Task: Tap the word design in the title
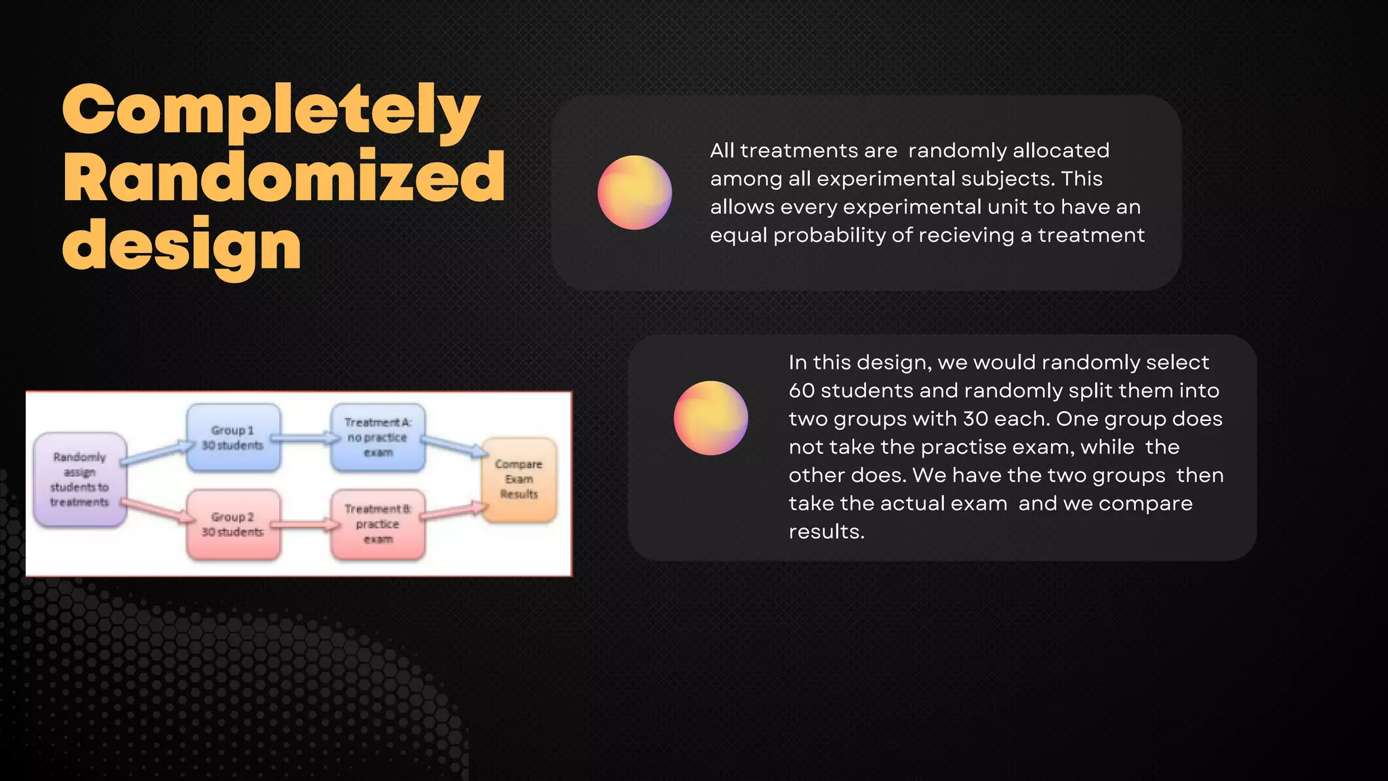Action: point(182,245)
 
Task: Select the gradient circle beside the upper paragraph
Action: point(634,193)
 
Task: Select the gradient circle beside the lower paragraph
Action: point(710,418)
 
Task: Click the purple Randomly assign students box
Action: point(80,479)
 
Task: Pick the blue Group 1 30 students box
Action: point(232,438)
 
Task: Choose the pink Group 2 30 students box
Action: point(232,524)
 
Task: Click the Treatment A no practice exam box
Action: point(377,437)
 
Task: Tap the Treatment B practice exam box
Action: point(377,524)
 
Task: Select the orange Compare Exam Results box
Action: point(518,479)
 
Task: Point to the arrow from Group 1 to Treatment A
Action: point(305,439)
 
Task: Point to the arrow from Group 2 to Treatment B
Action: point(305,524)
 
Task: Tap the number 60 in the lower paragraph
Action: point(801,390)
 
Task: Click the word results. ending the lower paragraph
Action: point(826,532)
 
